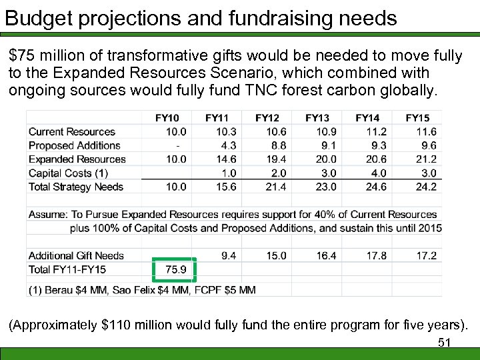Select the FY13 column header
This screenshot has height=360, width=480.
(317, 118)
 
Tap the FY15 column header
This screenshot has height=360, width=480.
(417, 118)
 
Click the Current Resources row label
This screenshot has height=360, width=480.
(72, 132)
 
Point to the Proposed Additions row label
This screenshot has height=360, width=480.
(75, 145)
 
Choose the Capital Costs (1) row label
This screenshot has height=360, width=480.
(68, 173)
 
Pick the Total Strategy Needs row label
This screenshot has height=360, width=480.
(76, 187)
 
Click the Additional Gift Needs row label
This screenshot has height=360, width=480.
(77, 255)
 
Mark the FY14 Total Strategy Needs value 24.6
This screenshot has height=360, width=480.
(375, 187)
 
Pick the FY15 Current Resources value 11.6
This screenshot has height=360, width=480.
(425, 132)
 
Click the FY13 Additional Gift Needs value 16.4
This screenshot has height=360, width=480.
(325, 255)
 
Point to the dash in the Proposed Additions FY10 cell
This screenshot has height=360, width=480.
(177, 145)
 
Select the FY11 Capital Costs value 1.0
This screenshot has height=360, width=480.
(228, 173)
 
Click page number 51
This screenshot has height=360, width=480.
(444, 343)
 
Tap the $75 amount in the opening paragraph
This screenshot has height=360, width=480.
(22, 55)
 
